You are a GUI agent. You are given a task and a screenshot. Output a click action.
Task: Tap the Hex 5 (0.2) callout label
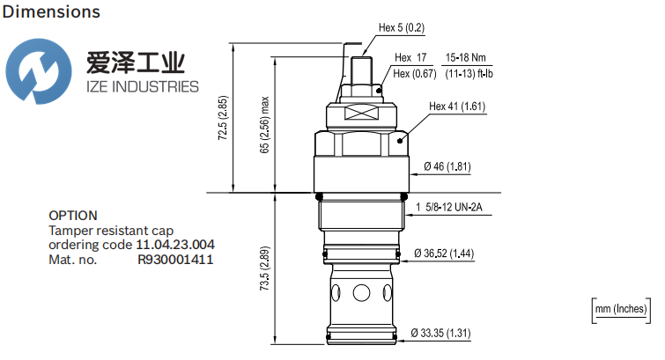[402, 27]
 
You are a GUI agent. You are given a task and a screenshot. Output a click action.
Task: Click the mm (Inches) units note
[620, 308]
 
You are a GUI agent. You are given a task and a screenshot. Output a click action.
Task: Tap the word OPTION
[72, 215]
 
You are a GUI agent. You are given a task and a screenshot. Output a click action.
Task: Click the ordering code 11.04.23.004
[175, 245]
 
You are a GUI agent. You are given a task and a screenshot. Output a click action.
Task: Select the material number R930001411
[175, 260]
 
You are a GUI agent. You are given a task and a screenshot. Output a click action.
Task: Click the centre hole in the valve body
[362, 292]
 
